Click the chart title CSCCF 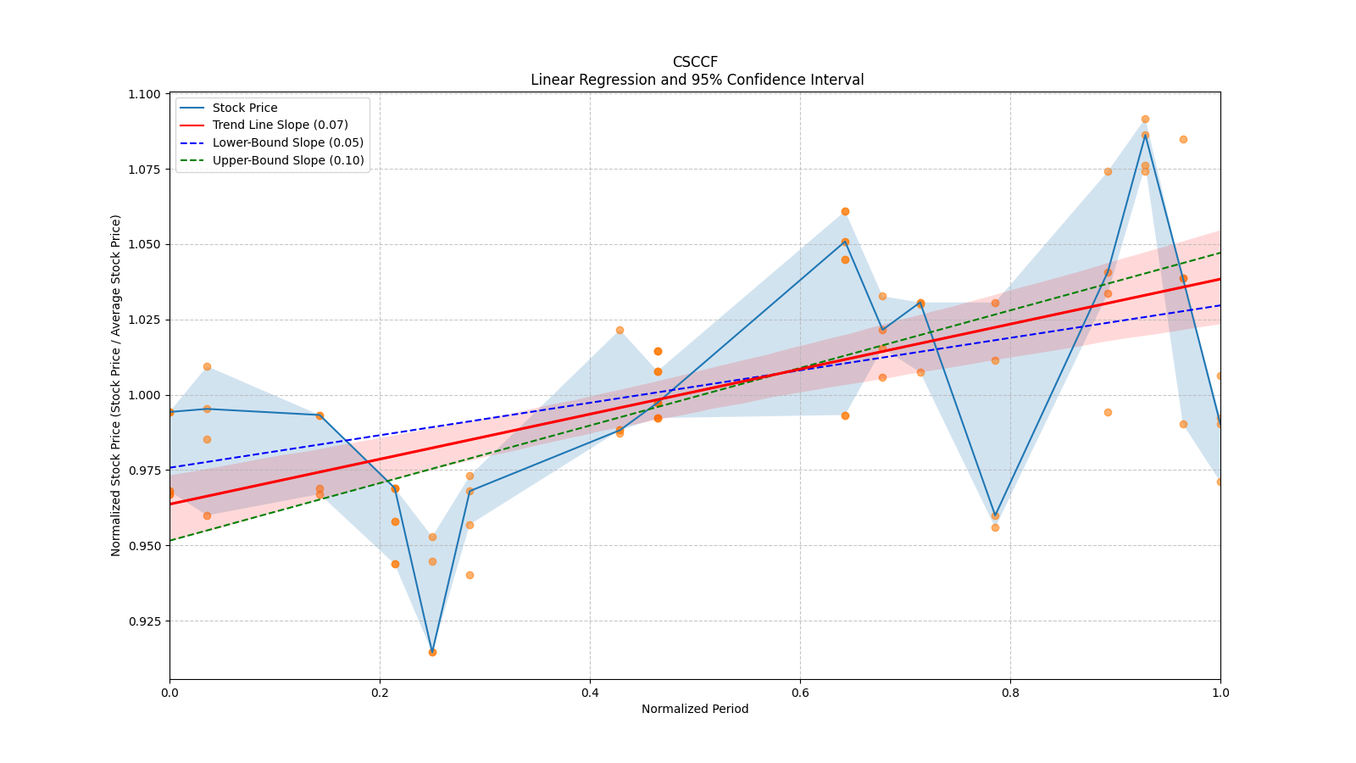pos(695,62)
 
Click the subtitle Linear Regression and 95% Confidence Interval pos(697,80)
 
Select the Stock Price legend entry pos(245,108)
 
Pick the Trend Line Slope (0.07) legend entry pos(280,125)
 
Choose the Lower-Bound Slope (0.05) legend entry pos(287,142)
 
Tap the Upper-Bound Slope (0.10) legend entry pos(288,160)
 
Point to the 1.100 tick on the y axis pos(145,94)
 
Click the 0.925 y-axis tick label pos(145,621)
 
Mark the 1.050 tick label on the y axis pos(145,244)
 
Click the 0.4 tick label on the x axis pos(590,693)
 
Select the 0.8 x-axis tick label pos(1010,693)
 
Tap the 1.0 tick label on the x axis pos(1220,693)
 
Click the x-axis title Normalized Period pos(695,709)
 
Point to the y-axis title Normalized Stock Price pos(116,385)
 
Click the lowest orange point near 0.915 pos(432,652)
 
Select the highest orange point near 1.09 pos(1145,120)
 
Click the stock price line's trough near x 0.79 pos(995,515)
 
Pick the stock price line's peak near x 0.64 pos(845,241)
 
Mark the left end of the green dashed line pos(170,540)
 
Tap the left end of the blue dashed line pos(170,467)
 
